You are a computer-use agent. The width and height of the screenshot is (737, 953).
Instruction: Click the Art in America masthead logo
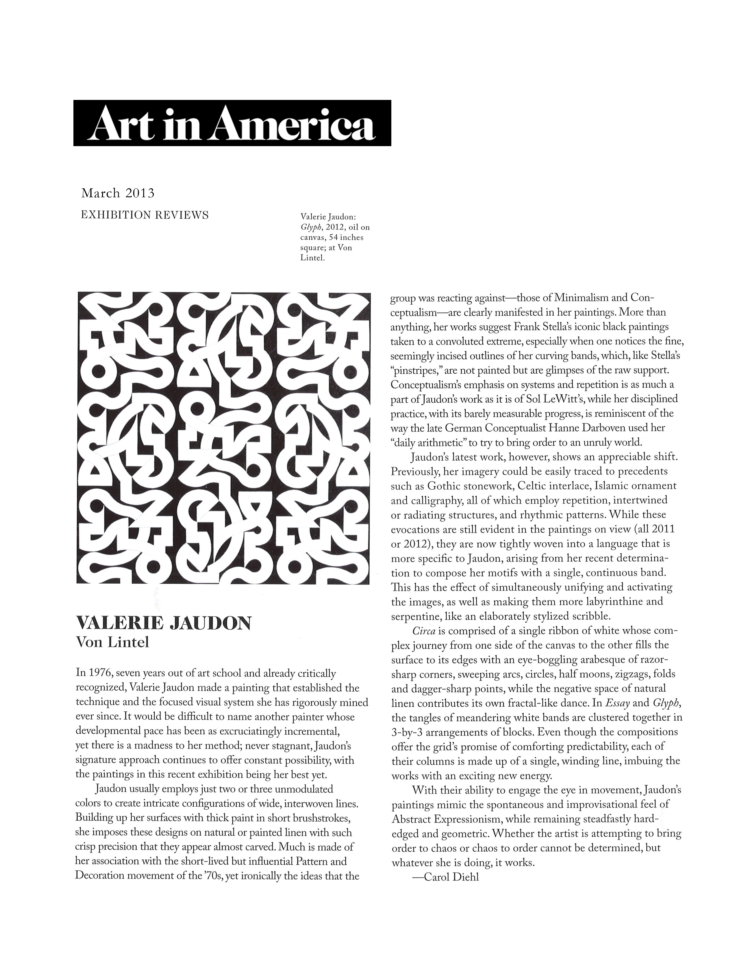(x=232, y=123)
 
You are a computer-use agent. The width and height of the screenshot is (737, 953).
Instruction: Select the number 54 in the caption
(x=334, y=238)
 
